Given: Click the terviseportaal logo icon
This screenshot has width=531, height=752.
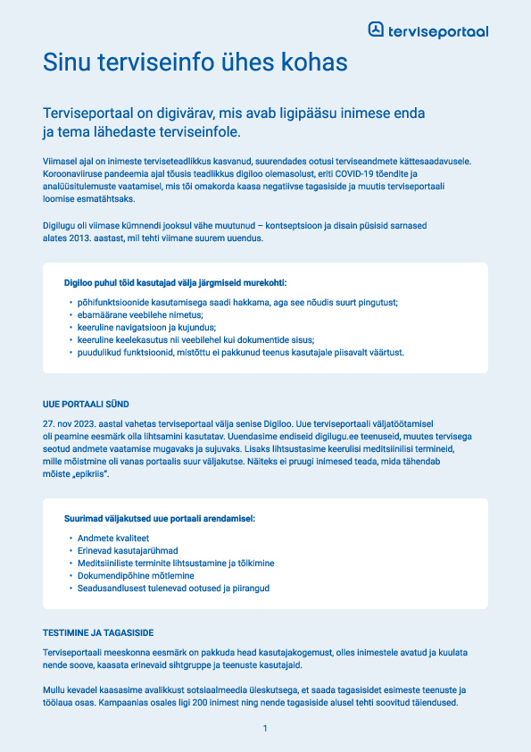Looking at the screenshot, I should [377, 30].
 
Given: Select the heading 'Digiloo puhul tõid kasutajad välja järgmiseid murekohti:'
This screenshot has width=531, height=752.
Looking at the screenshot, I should [180, 281].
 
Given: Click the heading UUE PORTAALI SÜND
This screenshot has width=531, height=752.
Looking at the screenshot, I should [86, 405].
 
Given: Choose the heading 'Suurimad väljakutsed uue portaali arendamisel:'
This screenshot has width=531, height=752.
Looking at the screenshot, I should [159, 517].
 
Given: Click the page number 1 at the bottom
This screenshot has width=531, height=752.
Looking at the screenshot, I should [265, 730].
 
